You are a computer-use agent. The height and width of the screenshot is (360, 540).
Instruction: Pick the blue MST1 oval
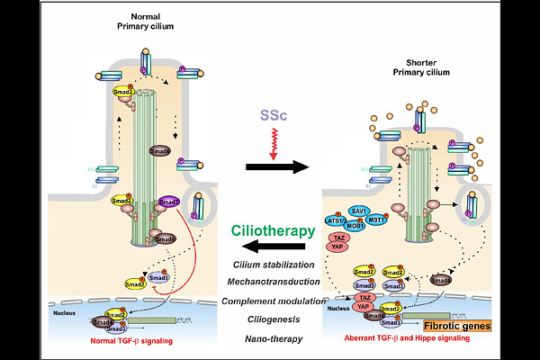[x=377, y=219]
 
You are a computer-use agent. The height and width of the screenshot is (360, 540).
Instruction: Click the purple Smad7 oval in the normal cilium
[x=169, y=203]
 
